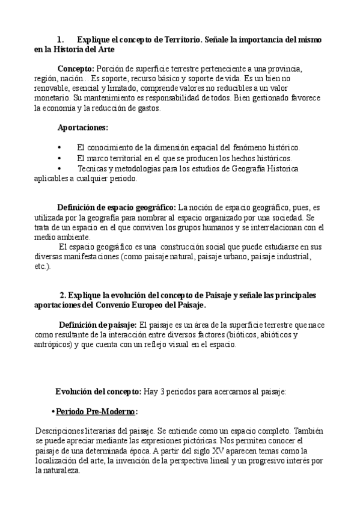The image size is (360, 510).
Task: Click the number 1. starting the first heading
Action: pyautogui.click(x=60, y=39)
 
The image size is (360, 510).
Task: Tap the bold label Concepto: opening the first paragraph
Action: pyautogui.click(x=76, y=69)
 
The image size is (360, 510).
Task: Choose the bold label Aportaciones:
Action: pyautogui.click(x=83, y=127)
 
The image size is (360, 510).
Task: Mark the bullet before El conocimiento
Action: pyautogui.click(x=59, y=147)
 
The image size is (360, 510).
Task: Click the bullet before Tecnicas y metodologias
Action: pyautogui.click(x=59, y=168)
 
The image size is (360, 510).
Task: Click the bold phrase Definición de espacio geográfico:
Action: pyautogui.click(x=117, y=207)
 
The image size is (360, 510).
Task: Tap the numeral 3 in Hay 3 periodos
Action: pyautogui.click(x=163, y=392)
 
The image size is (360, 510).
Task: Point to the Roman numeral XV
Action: pyautogui.click(x=231, y=450)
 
